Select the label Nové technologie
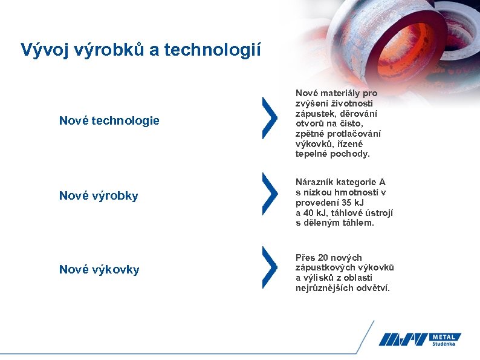click(x=109, y=121)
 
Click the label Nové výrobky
click(x=99, y=195)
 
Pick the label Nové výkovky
click(x=99, y=270)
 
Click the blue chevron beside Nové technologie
click(x=270, y=118)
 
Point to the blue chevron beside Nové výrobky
click(x=270, y=194)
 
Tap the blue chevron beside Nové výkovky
click(x=270, y=267)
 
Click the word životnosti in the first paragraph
click(x=355, y=103)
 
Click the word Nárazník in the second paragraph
click(x=314, y=182)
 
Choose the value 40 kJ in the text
click(x=313, y=213)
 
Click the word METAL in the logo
click(x=446, y=336)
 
